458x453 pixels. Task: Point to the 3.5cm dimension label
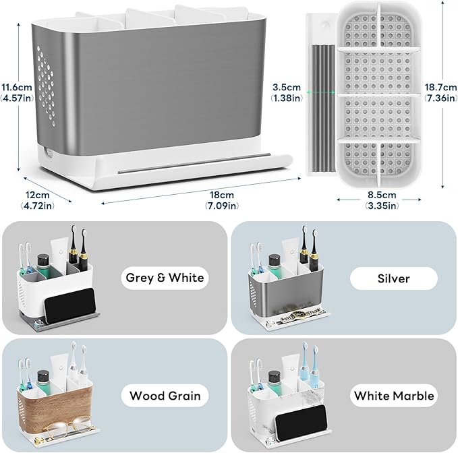(x=286, y=92)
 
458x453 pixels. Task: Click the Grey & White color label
(x=165, y=277)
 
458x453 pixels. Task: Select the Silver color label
(x=394, y=277)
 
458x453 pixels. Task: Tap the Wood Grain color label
(x=165, y=395)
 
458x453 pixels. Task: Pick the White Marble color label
(x=394, y=395)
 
